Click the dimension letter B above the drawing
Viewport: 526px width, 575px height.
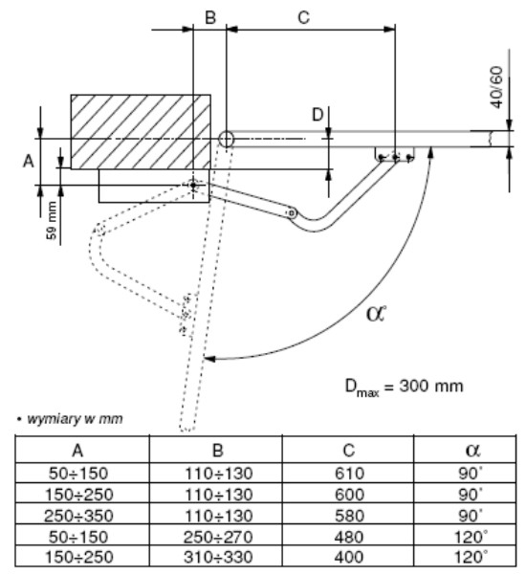210,17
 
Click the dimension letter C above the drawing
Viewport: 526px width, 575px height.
304,17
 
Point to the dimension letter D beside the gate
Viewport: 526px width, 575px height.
318,115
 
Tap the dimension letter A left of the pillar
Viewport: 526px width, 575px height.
29,161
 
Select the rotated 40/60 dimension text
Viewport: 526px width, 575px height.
496,87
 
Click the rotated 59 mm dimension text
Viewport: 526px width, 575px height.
52,220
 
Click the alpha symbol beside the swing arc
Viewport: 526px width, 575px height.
376,313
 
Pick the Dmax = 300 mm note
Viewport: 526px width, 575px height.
404,387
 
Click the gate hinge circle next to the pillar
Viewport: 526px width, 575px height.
226,139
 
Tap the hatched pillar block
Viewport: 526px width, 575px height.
141,132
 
